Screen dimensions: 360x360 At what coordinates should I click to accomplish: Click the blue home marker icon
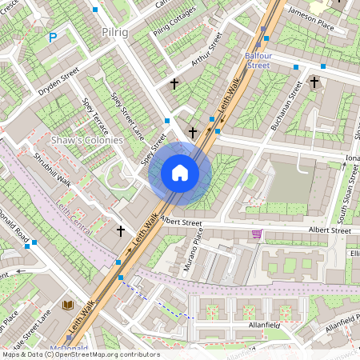tap(180, 173)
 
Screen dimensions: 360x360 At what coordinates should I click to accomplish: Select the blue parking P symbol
tap(54, 37)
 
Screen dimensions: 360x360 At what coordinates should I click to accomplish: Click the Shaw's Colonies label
tap(86, 140)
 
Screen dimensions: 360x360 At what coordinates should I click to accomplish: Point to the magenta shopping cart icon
tap(257, 234)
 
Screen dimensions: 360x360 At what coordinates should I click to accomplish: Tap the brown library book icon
tap(68, 306)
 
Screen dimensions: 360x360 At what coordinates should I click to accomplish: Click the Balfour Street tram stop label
tap(258, 60)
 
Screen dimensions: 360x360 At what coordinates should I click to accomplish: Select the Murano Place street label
tap(193, 249)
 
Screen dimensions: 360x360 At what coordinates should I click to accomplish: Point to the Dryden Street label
tap(59, 82)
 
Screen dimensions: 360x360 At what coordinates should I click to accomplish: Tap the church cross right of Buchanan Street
tap(314, 82)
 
